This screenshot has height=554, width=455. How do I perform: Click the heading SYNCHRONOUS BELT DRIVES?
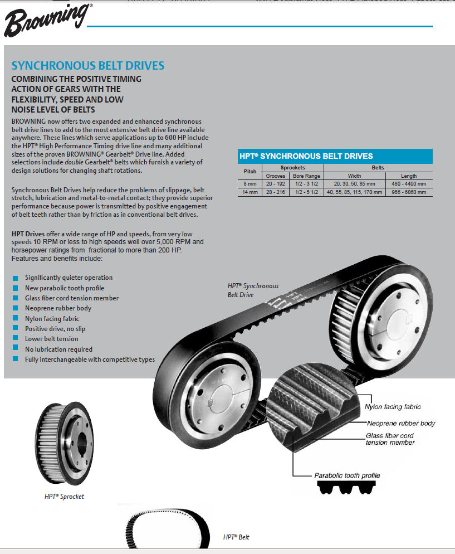click(x=88, y=66)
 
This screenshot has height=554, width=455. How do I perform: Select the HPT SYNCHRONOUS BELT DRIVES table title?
click(x=306, y=156)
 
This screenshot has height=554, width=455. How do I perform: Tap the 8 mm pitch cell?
click(x=250, y=183)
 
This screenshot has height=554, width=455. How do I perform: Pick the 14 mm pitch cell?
click(x=250, y=192)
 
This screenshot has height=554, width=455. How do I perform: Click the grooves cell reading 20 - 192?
click(x=275, y=183)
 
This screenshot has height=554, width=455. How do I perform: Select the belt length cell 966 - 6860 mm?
click(x=408, y=192)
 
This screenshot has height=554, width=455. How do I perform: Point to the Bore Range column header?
click(x=306, y=176)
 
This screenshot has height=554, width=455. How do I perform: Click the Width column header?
click(x=354, y=176)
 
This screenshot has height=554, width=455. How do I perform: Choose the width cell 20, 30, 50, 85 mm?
click(x=354, y=183)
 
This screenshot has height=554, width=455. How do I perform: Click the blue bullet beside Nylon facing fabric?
click(x=15, y=319)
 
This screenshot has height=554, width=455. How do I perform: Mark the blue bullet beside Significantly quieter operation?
click(x=15, y=278)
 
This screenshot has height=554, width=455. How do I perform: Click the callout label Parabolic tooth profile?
click(x=347, y=475)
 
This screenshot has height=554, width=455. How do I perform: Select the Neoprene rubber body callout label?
click(x=401, y=424)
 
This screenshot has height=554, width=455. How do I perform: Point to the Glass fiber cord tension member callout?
click(x=390, y=439)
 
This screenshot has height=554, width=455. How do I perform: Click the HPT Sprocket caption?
click(x=64, y=496)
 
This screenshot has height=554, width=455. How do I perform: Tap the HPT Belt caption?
click(x=236, y=537)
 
